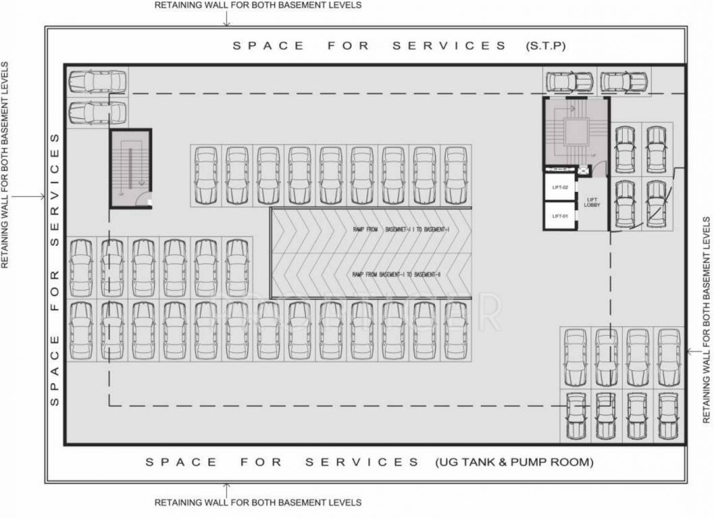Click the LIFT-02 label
coord(561,187)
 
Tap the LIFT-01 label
coord(561,216)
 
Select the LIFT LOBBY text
coord(592,202)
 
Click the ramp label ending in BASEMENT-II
coord(396,274)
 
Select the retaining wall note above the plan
coord(257,5)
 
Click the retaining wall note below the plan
coord(257,503)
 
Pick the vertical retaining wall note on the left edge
coord(6,166)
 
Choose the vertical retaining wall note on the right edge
coord(707,320)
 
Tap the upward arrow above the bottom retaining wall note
coord(227,488)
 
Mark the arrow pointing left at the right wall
coord(696,351)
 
